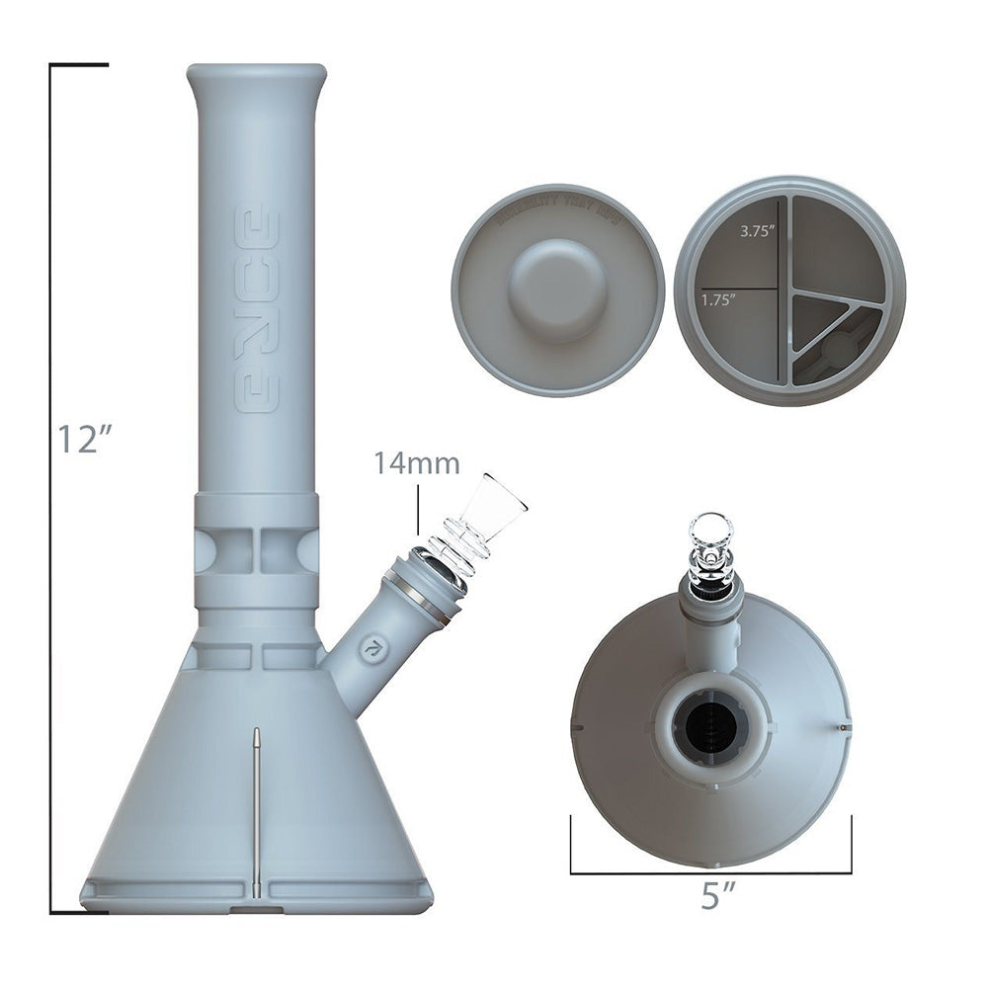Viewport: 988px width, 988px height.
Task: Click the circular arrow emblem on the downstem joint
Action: click(373, 649)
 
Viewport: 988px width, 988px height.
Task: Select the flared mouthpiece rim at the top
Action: click(256, 75)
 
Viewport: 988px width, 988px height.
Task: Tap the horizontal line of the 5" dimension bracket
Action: click(710, 873)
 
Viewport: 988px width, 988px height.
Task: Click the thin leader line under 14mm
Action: click(419, 514)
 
